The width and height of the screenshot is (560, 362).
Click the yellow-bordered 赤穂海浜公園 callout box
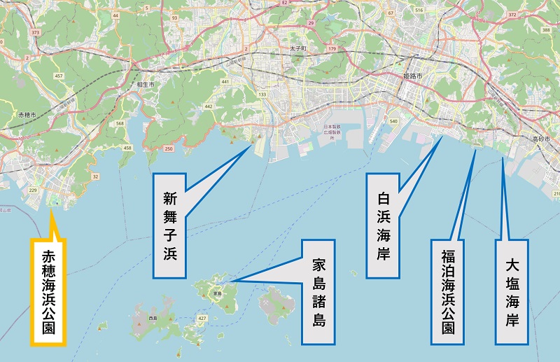coord(48,291)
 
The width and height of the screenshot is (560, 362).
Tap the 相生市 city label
coord(146,83)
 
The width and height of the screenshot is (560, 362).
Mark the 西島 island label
coord(153,319)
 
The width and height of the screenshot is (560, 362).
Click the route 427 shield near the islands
coord(202,318)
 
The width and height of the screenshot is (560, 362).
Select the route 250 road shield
coord(168,148)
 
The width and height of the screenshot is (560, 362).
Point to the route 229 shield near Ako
coord(32,189)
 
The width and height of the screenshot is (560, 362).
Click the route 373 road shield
coord(34,33)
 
